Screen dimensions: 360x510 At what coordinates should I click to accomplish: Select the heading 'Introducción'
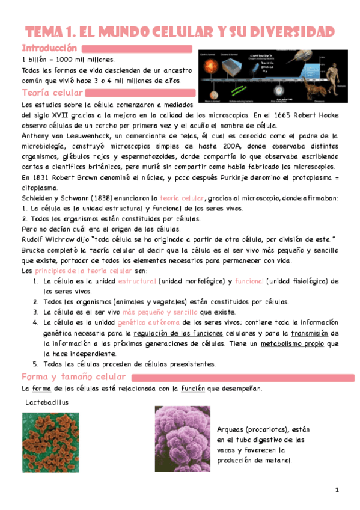tap(49, 48)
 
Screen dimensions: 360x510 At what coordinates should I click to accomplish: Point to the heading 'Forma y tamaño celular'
tap(73, 377)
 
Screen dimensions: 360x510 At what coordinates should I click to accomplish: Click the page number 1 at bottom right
tap(337, 490)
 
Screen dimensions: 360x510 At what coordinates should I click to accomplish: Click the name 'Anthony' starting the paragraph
tap(37, 135)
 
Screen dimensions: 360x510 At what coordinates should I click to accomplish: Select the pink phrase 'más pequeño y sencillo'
tap(159, 312)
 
